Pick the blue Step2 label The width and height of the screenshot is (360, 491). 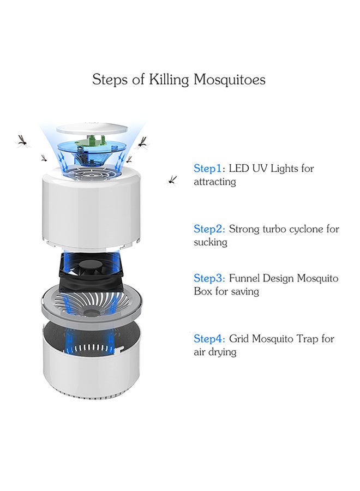click(x=209, y=229)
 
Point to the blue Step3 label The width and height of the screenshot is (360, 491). click(x=209, y=278)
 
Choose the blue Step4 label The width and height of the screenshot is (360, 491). click(x=209, y=339)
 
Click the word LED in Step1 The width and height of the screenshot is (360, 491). click(x=239, y=169)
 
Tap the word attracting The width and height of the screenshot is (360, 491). click(x=215, y=182)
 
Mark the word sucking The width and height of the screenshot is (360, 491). click(x=211, y=242)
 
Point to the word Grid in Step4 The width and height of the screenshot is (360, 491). click(x=239, y=339)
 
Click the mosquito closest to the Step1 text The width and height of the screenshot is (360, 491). click(x=172, y=179)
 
